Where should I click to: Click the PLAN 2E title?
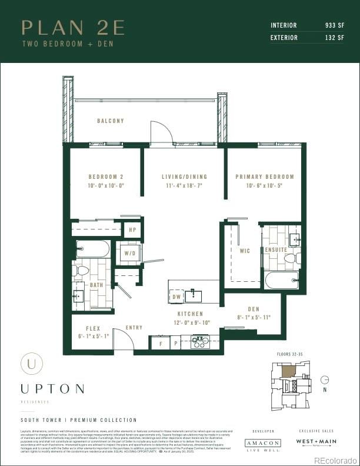coord(73,28)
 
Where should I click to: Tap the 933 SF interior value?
coord(334,25)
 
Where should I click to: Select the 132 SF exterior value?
coord(334,38)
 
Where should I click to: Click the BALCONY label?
coord(111,121)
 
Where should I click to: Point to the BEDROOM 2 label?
coord(106,177)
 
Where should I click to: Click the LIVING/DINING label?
coord(184,177)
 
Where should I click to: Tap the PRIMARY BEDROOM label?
coord(264,177)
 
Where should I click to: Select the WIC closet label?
coord(245,251)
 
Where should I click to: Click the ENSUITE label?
coord(276,250)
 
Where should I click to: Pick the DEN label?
coord(254,309)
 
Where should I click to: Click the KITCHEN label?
coord(190,314)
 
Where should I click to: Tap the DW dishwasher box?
coord(176,298)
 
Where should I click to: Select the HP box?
coord(132,230)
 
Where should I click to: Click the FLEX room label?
coord(93,328)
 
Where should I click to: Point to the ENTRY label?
coord(134,328)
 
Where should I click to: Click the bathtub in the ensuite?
coord(281,279)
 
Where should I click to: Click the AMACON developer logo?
coord(263,442)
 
